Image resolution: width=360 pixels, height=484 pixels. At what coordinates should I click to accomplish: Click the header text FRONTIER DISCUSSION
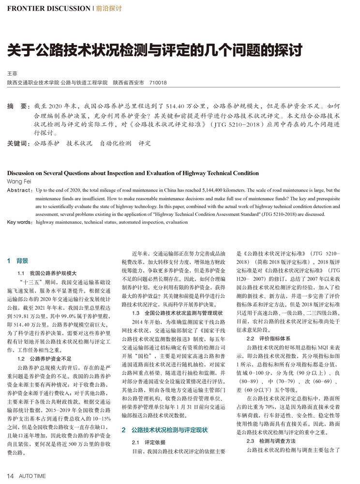[48, 9]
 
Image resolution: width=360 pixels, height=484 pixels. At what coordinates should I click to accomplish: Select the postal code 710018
[158, 83]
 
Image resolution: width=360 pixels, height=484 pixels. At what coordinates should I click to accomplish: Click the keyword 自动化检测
[115, 143]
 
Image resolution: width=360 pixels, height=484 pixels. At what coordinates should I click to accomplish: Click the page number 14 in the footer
[10, 476]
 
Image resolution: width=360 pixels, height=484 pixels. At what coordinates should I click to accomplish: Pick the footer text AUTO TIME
[33, 476]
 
